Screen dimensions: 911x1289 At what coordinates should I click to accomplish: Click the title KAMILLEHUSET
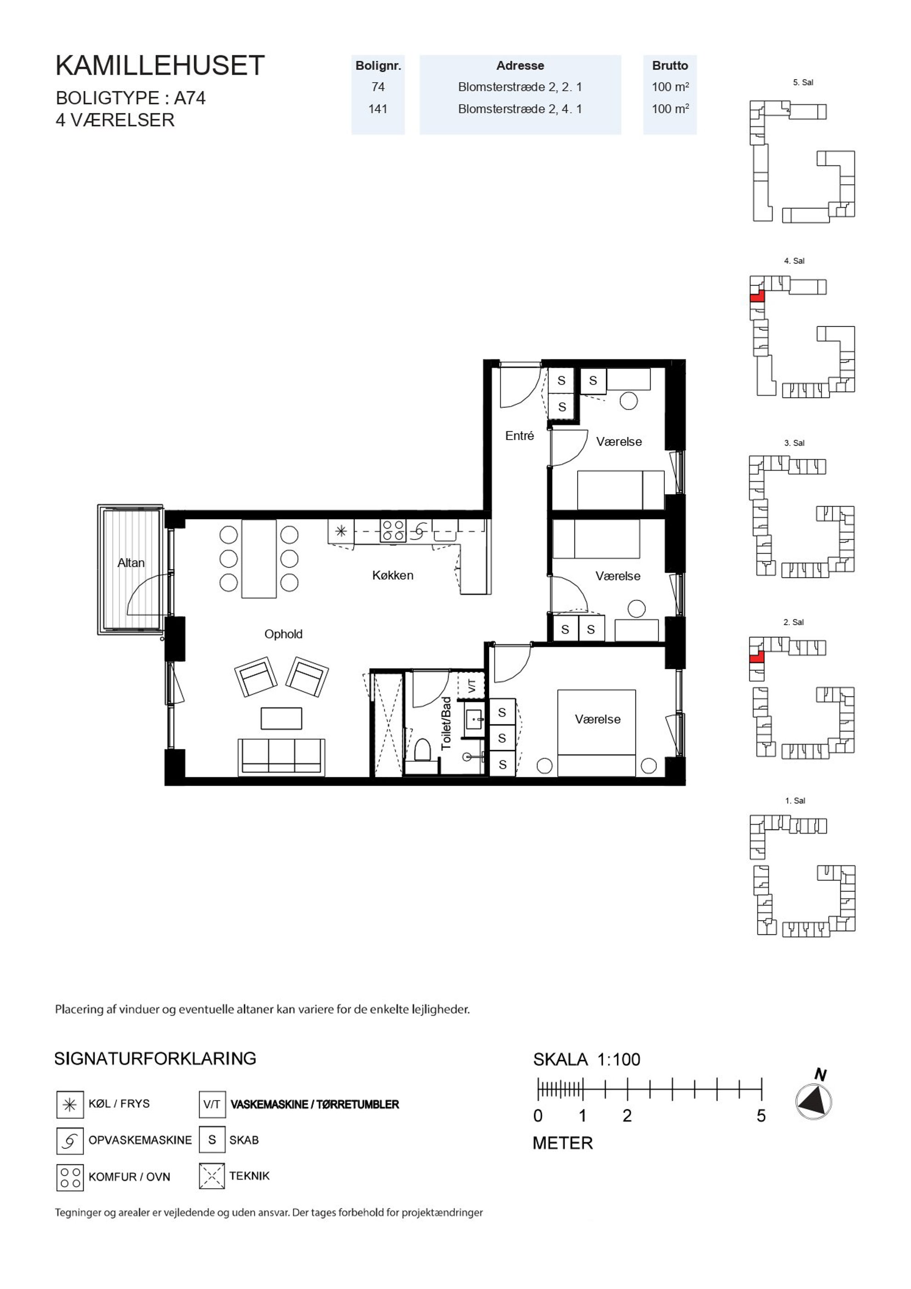click(160, 66)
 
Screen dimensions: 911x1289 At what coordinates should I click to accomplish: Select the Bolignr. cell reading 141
click(378, 109)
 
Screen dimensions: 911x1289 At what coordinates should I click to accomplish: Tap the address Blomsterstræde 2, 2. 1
click(520, 87)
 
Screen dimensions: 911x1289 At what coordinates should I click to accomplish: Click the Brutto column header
click(669, 66)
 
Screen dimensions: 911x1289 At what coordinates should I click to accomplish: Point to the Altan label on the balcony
click(131, 563)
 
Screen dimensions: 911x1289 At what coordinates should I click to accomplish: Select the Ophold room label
click(283, 634)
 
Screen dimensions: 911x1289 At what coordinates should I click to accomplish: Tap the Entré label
click(519, 435)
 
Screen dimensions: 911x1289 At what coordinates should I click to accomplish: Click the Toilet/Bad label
click(446, 723)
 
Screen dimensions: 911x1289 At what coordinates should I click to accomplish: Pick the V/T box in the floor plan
click(472, 685)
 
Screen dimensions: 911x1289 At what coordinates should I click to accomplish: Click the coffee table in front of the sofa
click(281, 718)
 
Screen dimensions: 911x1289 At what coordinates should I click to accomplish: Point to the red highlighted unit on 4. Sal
click(757, 296)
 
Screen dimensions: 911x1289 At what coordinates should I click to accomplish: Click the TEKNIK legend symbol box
click(212, 1176)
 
